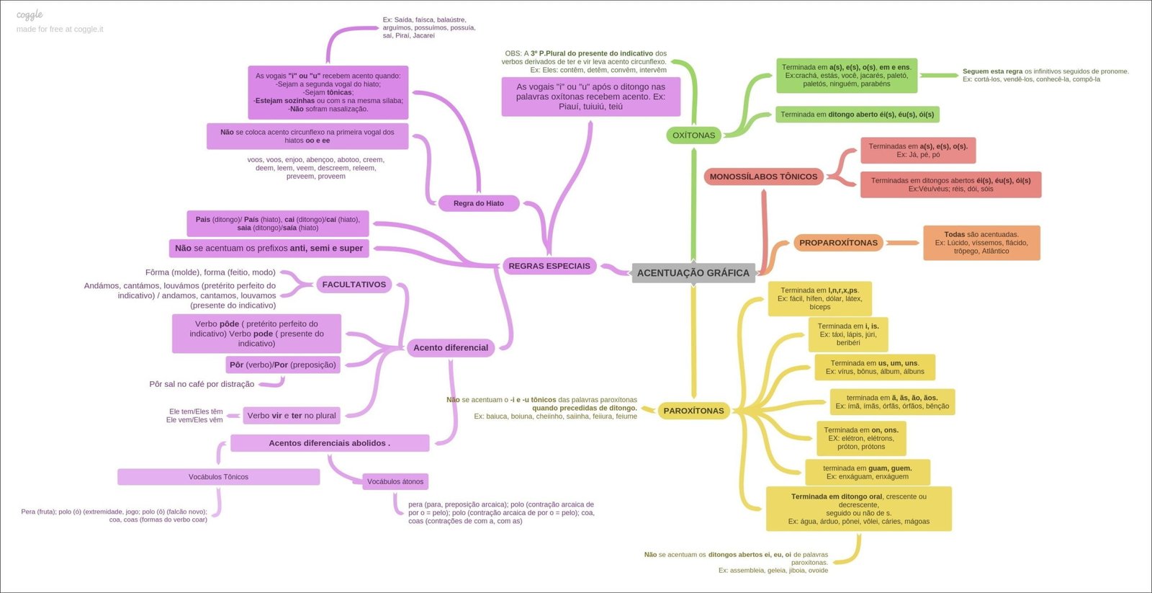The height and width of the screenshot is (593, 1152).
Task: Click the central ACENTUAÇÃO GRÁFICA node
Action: tap(693, 273)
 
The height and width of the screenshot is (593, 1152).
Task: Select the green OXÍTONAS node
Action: tap(693, 135)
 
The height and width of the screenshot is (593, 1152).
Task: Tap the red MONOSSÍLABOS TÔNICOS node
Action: tap(763, 177)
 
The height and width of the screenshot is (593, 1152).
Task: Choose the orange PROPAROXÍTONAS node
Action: tap(838, 243)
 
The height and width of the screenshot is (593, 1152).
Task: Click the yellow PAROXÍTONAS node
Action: tap(693, 411)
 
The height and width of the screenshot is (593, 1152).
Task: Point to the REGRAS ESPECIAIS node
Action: tap(549, 266)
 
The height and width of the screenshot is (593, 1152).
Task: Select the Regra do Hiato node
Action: tap(478, 203)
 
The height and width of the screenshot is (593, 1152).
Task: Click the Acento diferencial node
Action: tap(450, 347)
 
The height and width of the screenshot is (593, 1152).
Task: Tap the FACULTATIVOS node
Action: tap(354, 285)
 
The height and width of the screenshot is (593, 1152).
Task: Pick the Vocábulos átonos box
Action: tap(395, 481)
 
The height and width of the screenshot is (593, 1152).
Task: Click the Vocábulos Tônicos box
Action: tap(218, 477)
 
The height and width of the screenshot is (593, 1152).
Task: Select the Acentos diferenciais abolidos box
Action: tap(329, 443)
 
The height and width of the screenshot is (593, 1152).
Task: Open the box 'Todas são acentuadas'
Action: tap(981, 243)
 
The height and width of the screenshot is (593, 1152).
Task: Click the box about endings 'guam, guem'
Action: tap(867, 472)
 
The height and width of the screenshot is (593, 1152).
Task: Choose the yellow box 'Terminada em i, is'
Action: tap(848, 334)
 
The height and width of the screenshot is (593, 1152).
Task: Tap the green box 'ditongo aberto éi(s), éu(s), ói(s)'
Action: tap(857, 115)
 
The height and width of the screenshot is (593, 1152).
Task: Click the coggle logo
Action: tap(30, 14)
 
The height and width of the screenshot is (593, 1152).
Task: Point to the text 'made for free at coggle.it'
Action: tap(60, 30)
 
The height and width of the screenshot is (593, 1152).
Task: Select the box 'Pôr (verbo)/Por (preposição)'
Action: tap(283, 365)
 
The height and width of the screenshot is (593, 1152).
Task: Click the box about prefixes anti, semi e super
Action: tap(269, 248)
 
